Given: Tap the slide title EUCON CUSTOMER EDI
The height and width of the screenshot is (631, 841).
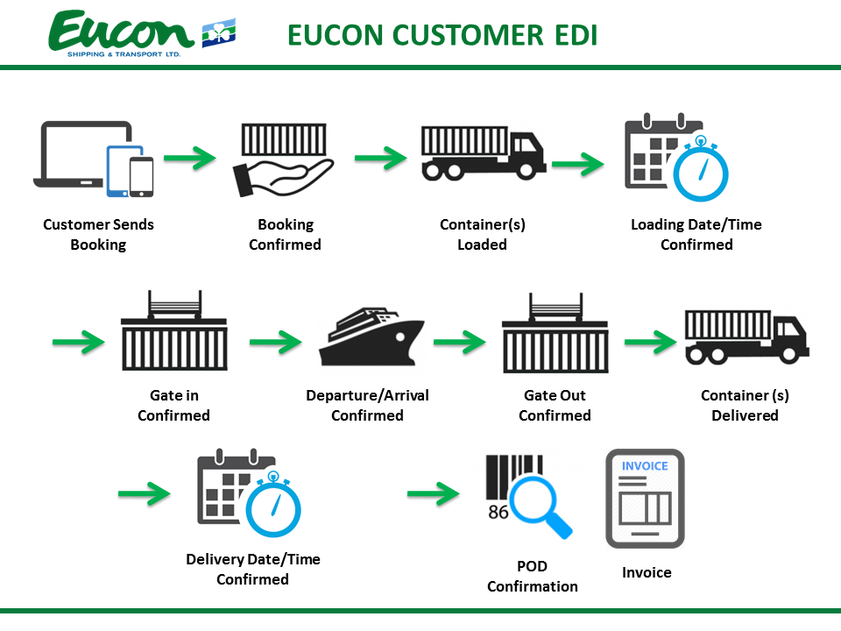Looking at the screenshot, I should [442, 35].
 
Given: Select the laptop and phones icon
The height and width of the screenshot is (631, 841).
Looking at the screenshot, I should [96, 158].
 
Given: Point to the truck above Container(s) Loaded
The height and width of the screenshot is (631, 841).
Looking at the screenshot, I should [483, 153].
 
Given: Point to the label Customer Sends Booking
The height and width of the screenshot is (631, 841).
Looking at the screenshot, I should [98, 235].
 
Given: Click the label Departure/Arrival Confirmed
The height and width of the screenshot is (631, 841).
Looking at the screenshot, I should [367, 405].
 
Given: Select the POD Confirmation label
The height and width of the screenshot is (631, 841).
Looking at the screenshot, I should [533, 576].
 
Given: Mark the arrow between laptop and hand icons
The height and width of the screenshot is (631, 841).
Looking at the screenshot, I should [190, 159].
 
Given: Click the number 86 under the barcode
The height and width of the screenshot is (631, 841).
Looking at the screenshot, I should [498, 511].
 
